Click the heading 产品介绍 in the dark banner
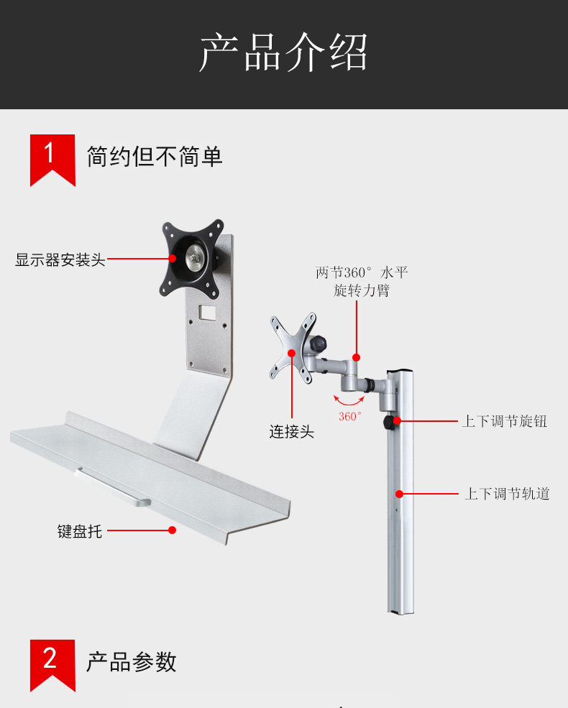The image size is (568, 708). [x=283, y=52]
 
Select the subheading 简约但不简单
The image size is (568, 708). [x=155, y=156]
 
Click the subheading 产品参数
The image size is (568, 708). [x=132, y=662]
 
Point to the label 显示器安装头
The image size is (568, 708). [x=60, y=259]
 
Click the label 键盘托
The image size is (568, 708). [x=80, y=531]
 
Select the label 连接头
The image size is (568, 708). [x=292, y=432]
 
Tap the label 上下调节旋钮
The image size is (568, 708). [x=504, y=420]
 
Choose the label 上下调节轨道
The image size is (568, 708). [x=507, y=494]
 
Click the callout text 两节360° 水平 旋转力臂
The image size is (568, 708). [x=362, y=281]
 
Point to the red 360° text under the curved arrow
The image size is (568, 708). [x=350, y=416]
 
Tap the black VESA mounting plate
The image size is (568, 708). [x=193, y=258]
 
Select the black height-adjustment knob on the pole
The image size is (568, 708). [x=390, y=423]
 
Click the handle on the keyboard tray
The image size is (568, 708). [x=113, y=487]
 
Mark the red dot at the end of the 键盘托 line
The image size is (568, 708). [x=172, y=530]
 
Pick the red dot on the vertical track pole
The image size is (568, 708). [x=399, y=494]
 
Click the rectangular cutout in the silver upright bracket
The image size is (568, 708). [x=208, y=312]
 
